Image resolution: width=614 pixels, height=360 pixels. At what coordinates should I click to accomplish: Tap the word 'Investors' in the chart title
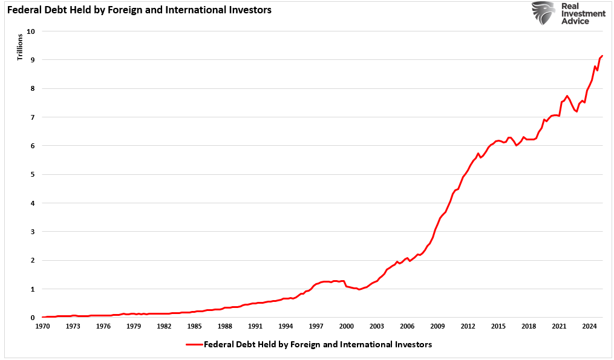(249, 10)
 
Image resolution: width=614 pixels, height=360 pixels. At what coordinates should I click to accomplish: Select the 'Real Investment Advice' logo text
(582, 13)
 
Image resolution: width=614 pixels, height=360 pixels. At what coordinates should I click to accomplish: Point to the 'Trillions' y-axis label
(19, 48)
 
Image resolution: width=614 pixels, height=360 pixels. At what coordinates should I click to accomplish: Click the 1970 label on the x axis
(42, 326)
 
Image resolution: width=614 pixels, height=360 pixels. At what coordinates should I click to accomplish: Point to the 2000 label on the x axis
(346, 326)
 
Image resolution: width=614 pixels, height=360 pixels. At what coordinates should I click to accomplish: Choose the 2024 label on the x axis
(589, 326)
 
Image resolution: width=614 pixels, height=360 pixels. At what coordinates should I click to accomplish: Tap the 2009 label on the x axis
(437, 326)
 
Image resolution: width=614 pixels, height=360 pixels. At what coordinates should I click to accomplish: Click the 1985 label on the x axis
(194, 326)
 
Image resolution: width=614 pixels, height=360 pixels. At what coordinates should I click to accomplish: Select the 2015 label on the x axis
(498, 326)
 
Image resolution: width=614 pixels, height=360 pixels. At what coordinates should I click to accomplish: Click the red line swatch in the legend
(194, 345)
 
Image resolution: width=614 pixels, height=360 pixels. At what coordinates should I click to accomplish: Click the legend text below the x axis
(318, 345)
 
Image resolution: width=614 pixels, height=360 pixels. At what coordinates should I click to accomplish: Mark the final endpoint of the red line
(603, 56)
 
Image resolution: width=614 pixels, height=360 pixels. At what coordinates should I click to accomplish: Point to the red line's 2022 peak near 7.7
(567, 96)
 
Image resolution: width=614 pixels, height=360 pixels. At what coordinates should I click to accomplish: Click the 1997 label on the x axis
(316, 326)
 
